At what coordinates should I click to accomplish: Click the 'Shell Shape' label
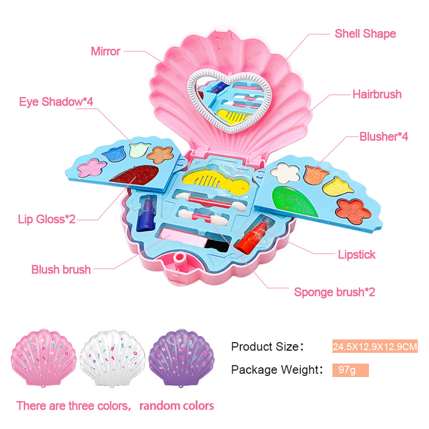coord(365,34)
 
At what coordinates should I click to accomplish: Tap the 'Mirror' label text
coord(106,51)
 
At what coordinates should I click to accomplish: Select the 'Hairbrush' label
coord(376,94)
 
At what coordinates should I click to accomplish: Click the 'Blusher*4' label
coord(383,136)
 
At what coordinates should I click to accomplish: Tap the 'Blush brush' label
coord(61,269)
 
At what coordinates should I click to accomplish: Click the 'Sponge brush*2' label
coord(334,292)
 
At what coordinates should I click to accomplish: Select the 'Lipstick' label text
coord(357,254)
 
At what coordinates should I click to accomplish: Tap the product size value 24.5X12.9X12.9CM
coord(375,347)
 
